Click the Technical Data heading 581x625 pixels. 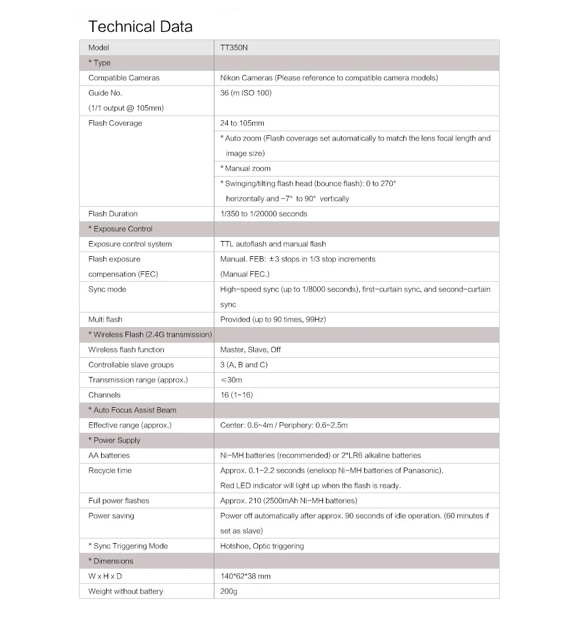pos(140,27)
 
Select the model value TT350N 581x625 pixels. pos(234,48)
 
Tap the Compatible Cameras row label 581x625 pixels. pos(124,78)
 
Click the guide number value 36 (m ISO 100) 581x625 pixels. pos(246,93)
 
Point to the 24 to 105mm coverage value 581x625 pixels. pos(242,123)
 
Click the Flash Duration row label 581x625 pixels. pos(113,214)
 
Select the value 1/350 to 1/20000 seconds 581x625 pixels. pos(264,214)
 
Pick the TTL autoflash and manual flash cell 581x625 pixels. pos(273,244)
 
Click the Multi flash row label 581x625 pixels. pos(105,319)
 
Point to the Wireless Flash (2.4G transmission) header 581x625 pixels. pos(150,335)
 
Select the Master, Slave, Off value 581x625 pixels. pos(250,350)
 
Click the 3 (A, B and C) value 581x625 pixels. pos(244,365)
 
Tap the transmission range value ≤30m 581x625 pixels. pos(231,380)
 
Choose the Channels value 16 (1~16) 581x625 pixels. pos(236,395)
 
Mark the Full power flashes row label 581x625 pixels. pos(119,501)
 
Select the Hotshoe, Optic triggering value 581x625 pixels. pos(262,546)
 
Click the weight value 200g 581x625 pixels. pos(229,591)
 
